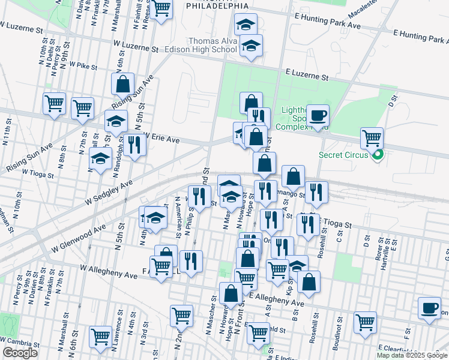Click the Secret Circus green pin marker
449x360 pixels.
(x=377, y=157)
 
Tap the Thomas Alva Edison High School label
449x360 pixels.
(x=204, y=45)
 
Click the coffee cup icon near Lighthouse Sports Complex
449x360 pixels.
(x=318, y=115)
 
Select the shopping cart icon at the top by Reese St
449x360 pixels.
(x=161, y=8)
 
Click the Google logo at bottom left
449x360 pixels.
(x=20, y=353)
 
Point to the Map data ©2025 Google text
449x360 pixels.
(x=412, y=355)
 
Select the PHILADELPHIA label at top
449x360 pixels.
(x=217, y=5)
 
